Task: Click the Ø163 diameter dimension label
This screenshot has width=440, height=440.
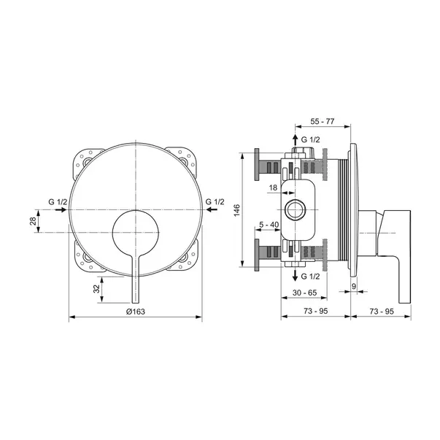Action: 136,311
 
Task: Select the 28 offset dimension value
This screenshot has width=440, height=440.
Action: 33,221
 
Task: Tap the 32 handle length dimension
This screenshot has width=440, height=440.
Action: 96,289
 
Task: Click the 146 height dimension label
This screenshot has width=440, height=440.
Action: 237,210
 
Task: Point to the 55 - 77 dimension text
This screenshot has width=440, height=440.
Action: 323,121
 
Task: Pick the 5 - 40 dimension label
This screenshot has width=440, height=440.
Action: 269,225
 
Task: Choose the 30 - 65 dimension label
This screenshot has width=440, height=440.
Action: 304,293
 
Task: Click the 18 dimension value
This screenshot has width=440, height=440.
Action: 273,188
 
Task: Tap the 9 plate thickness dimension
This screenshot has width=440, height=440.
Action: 354,286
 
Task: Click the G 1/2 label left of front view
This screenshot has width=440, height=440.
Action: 58,202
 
